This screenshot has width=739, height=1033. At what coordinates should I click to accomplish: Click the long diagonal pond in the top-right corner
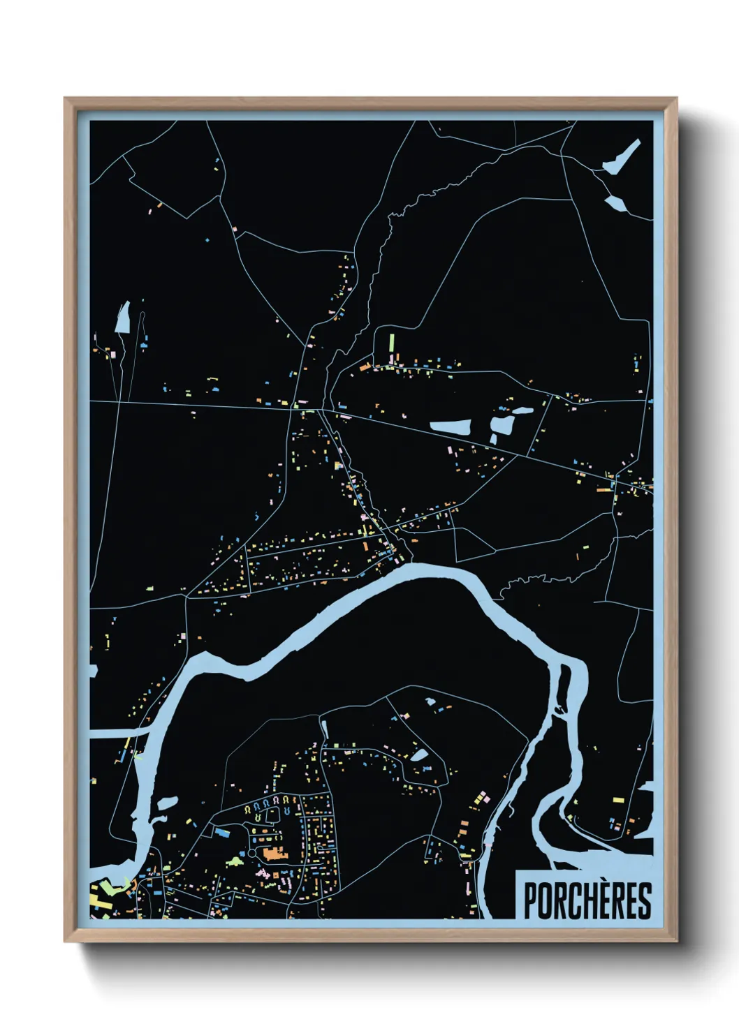click(622, 158)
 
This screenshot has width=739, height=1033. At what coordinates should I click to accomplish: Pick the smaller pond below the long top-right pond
click(615, 203)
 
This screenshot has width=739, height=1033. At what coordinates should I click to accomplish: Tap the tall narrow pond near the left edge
click(123, 318)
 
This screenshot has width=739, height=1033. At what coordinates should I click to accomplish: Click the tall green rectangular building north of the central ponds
click(392, 345)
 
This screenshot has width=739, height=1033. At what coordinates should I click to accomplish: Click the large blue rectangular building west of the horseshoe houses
click(221, 832)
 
